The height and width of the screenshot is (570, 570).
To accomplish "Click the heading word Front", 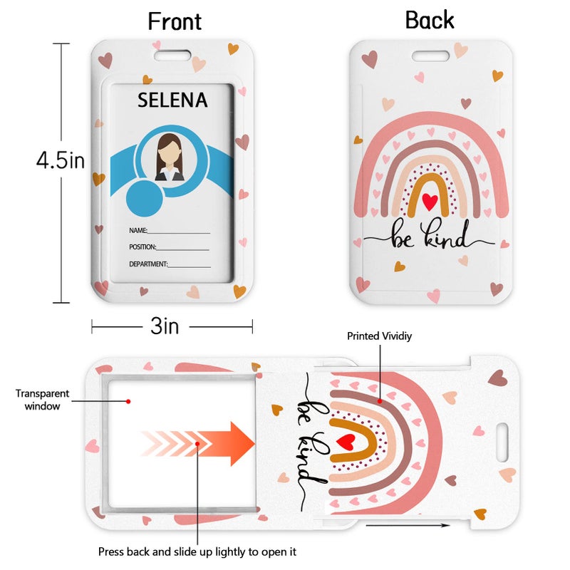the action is tap(175, 21).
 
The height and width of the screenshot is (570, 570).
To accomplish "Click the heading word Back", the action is tap(430, 20).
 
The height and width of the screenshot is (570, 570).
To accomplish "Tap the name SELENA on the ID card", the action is tap(172, 100).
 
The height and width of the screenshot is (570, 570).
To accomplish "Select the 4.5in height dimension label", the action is tap(61, 160).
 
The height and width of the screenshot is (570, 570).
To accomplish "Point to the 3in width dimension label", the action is tap(165, 326).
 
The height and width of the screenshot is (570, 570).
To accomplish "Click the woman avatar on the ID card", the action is tap(169, 157).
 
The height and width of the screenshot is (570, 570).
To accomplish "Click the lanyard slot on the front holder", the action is tap(172, 56).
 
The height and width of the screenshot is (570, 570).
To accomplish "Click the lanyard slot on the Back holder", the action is tap(430, 56).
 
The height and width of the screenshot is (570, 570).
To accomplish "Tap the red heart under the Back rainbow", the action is tap(430, 202).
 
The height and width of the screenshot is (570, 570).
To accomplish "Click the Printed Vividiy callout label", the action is tap(379, 336).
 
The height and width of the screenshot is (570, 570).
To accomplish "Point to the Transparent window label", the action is tap(42, 400).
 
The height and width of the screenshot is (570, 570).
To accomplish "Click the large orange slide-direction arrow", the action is tap(198, 443).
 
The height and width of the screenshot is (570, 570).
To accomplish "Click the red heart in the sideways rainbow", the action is tap(346, 442).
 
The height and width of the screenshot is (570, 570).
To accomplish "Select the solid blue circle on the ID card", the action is tap(145, 199).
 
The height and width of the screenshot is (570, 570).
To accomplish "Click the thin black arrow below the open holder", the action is tap(408, 525).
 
